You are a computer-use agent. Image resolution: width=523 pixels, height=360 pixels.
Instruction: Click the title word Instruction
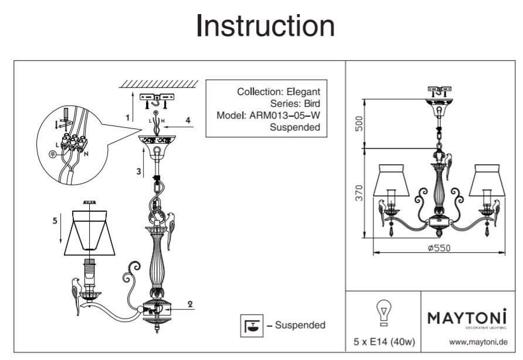tap(265, 26)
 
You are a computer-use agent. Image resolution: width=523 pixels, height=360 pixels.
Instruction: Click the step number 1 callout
tap(128, 118)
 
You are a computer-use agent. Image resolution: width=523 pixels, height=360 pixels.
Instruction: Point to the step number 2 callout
tap(190, 304)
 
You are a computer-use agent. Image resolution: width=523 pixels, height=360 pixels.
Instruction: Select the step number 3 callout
tap(138, 172)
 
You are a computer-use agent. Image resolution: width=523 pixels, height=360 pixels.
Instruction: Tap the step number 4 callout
tap(188, 120)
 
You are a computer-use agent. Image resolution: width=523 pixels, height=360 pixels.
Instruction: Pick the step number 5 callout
tap(55, 221)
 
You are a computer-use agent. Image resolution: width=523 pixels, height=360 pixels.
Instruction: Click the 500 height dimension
tap(360, 124)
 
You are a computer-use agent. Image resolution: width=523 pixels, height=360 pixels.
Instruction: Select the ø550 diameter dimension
tap(439, 248)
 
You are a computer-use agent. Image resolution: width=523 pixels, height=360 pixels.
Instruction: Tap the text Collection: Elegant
tap(279, 91)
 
